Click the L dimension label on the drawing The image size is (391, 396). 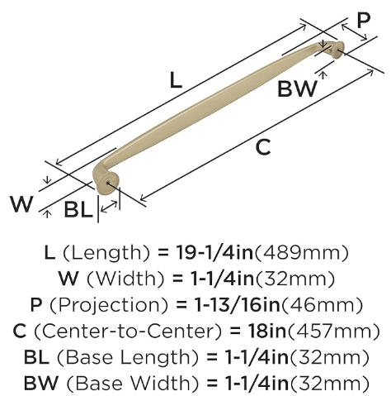tap(176, 80)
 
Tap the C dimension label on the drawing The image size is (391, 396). tap(263, 147)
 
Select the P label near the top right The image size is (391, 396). tap(364, 20)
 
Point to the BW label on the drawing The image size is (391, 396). tap(297, 88)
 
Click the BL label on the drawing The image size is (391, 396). tap(78, 209)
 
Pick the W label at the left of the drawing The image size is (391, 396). tap(21, 204)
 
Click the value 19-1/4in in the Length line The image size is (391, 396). tap(214, 253)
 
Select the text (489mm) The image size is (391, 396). tap(302, 253)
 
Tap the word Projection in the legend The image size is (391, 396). tap(109, 305)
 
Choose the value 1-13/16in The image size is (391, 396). tap(237, 305)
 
